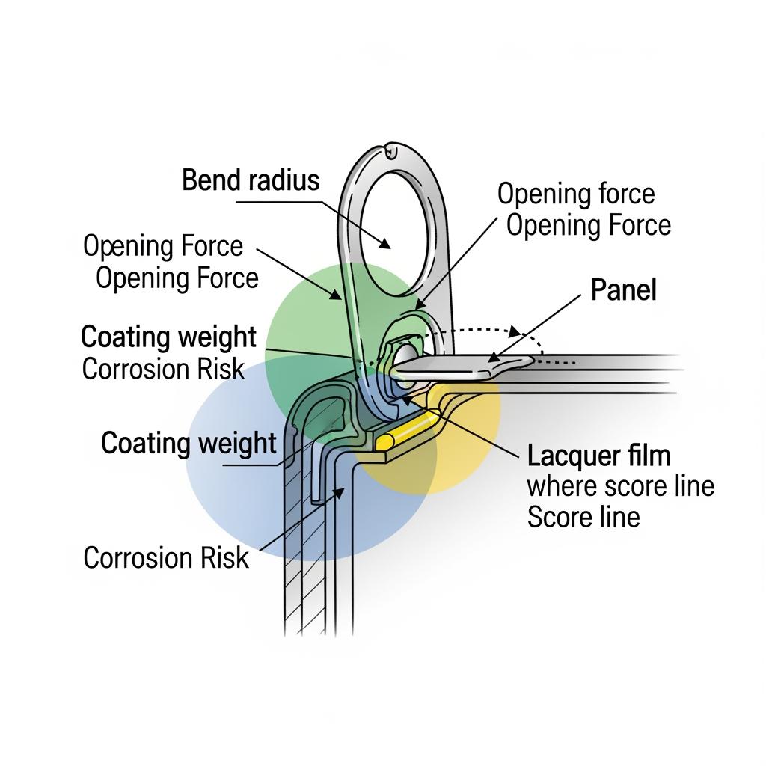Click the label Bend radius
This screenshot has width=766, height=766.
251,180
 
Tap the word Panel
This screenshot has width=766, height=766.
623,289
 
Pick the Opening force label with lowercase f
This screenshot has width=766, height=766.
575,194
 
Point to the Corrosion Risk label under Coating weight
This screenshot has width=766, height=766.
163,369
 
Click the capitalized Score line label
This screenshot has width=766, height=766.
583,517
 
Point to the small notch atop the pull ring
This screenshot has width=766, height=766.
390,152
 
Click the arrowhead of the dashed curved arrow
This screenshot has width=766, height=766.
515,330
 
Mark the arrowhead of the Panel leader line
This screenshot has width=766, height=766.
494,358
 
